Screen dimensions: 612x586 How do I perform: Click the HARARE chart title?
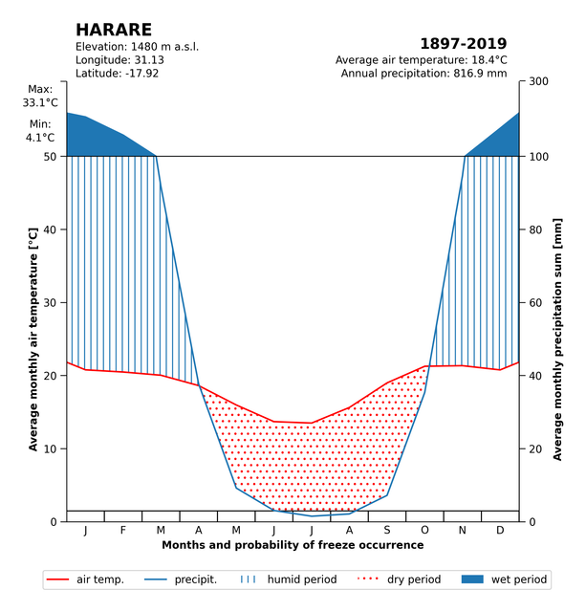(113, 30)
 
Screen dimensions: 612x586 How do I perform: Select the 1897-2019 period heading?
(464, 44)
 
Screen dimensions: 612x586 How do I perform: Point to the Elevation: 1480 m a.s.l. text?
(137, 47)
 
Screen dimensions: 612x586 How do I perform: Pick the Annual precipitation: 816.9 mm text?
(423, 74)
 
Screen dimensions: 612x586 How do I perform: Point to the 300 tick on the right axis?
(538, 82)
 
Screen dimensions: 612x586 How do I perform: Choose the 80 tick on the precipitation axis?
(535, 229)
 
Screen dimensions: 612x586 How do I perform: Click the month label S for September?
(387, 530)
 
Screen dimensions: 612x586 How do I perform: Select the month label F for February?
(122, 530)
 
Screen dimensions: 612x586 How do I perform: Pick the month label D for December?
(500, 530)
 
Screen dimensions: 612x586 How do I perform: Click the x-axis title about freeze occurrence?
(293, 545)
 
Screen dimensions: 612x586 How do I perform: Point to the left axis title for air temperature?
(33, 339)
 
